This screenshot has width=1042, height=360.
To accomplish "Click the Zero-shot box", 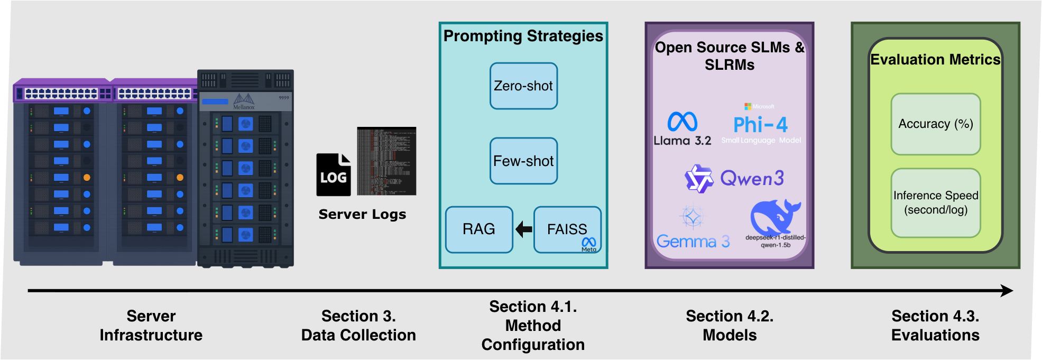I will [x=523, y=86].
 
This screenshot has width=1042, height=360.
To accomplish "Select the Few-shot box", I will [x=523, y=161].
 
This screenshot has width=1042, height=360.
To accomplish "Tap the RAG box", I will [x=479, y=229].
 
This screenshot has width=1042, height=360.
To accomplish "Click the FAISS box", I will [x=567, y=229].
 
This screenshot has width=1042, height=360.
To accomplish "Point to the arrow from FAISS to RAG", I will [x=523, y=229].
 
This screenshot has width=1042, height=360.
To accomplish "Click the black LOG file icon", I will [x=334, y=175].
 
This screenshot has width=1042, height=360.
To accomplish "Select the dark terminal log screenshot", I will [x=386, y=161].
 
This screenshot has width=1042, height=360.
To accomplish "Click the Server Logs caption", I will [x=362, y=214].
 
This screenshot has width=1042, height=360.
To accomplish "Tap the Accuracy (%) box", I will [x=936, y=124].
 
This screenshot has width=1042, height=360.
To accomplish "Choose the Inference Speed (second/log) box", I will [x=936, y=202].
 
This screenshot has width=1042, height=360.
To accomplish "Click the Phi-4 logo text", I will [x=760, y=125].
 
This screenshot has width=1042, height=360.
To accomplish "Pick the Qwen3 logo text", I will [x=752, y=179].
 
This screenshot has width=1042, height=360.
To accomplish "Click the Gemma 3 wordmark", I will [x=693, y=242].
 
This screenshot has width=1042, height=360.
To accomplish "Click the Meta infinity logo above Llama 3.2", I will [x=682, y=122].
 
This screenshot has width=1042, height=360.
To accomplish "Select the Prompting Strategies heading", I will [x=523, y=36].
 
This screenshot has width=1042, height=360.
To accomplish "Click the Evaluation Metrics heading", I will [x=935, y=60].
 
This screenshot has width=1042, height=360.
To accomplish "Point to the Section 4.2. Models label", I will [x=730, y=326].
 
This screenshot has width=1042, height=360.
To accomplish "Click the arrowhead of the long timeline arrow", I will [x=1007, y=290].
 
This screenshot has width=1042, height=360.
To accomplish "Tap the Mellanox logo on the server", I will [x=244, y=101].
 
